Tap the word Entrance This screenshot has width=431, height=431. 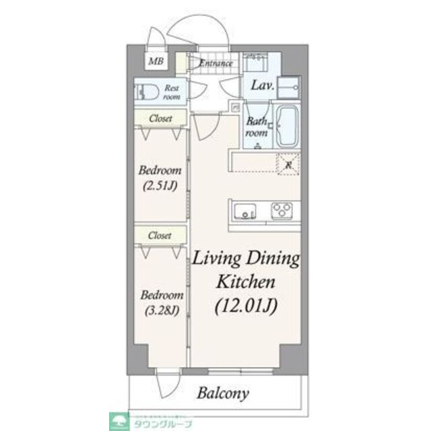click(x=215, y=64)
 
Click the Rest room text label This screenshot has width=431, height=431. click(x=172, y=92)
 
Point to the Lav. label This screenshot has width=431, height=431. click(x=261, y=86)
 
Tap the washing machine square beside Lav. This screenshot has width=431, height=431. click(x=292, y=86)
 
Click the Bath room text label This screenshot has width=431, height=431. click(x=257, y=127)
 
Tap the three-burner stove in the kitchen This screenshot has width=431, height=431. click(x=284, y=210)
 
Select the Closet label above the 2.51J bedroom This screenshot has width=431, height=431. click(x=160, y=119)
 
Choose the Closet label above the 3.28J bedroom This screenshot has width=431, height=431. click(x=160, y=236)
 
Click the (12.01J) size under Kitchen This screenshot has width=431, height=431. click(x=247, y=307)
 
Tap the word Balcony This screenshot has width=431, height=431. click(x=224, y=393)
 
